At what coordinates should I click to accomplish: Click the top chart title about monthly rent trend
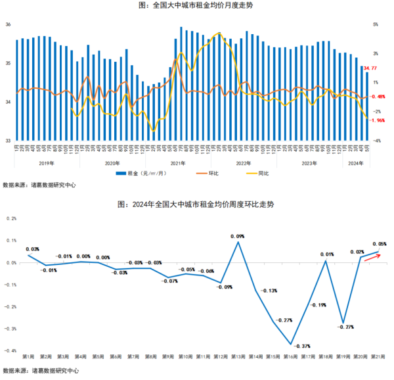[x=196, y=6]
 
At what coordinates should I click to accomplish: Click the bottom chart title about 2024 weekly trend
[x=196, y=204]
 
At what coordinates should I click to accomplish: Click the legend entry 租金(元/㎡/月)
[x=141, y=174]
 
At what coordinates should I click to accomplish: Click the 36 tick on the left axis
[x=9, y=24]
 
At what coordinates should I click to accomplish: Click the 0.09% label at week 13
[x=238, y=236]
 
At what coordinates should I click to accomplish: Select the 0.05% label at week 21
[x=380, y=244]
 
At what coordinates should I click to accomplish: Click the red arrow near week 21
[x=372, y=256]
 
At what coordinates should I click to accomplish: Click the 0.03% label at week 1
[x=32, y=249]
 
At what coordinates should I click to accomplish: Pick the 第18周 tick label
[x=325, y=356]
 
